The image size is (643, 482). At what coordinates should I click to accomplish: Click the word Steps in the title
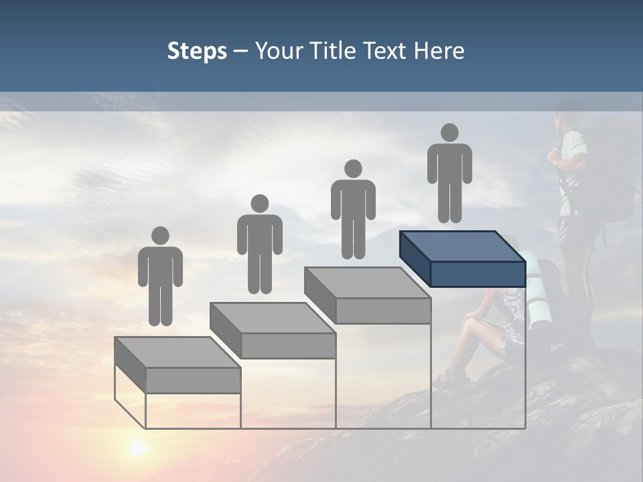point(197,51)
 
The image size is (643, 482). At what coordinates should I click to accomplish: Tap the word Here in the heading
point(439,51)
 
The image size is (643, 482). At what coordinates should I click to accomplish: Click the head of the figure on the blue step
point(449,133)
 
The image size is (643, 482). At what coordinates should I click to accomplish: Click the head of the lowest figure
point(160,236)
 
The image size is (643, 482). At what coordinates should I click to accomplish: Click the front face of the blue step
point(477,274)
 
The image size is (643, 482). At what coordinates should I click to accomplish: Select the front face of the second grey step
point(288,345)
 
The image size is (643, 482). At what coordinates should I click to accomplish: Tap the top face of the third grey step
point(367,283)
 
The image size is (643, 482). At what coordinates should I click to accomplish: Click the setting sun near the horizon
point(137,447)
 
